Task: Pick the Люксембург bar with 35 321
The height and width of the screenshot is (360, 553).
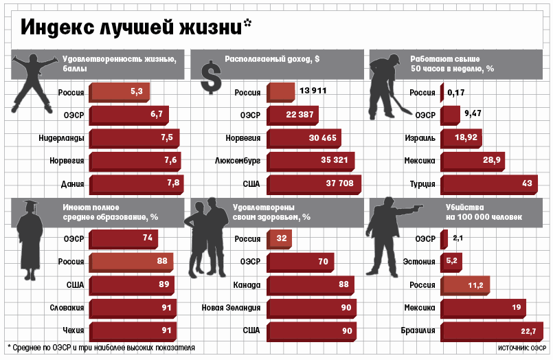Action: [310, 161]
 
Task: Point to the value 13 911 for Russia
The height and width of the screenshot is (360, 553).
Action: [313, 91]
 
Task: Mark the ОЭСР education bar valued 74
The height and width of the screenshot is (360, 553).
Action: [124, 238]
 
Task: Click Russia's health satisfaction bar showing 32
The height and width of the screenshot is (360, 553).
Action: [280, 238]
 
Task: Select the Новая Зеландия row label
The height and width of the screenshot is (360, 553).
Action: [232, 307]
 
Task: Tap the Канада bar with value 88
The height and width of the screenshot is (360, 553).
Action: [310, 284]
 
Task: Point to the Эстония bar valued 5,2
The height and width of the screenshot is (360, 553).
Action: [451, 261]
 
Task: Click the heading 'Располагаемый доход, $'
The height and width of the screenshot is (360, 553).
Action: [272, 59]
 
